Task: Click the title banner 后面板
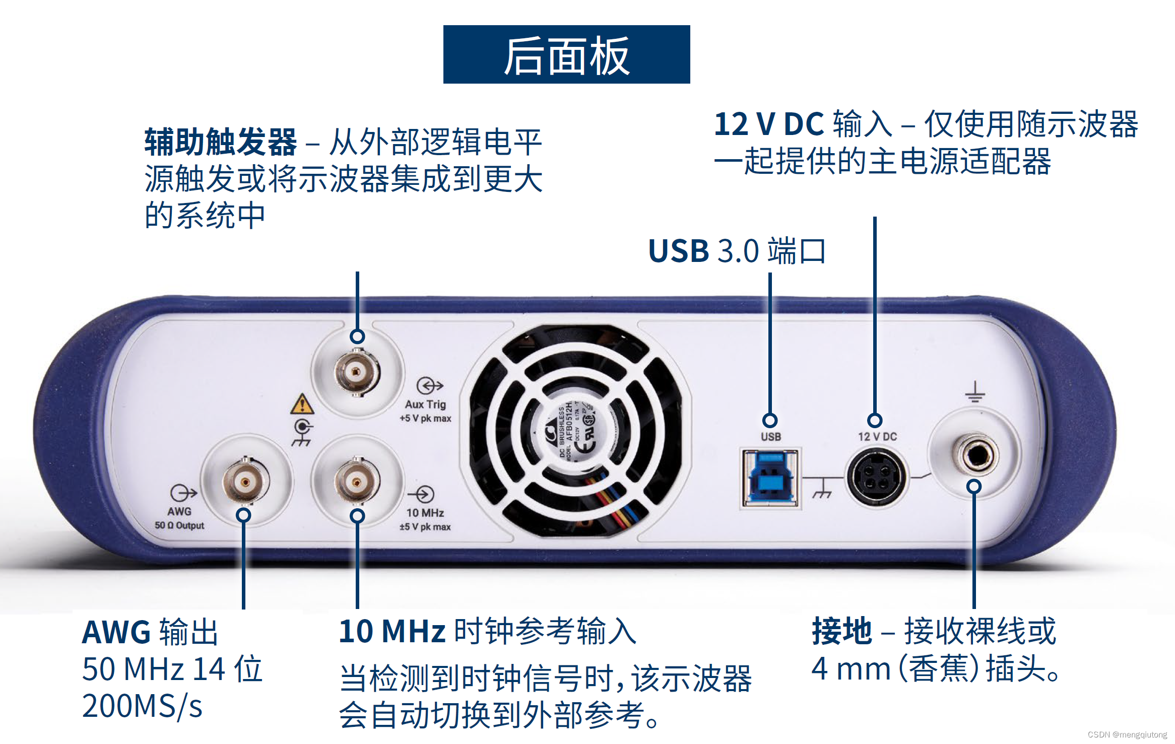[566, 54]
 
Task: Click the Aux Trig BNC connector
[357, 373]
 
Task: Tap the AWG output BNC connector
[245, 482]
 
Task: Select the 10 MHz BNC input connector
[357, 482]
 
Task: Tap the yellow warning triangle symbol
[302, 404]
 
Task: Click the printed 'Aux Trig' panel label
[425, 404]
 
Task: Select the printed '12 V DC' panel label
[877, 437]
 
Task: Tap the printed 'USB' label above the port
[770, 437]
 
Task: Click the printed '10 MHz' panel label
[425, 513]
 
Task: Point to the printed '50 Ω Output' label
[179, 525]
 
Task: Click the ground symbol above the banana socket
[975, 392]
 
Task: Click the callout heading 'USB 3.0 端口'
[737, 251]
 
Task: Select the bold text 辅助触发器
[220, 142]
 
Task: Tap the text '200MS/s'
[142, 706]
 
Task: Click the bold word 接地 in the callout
[841, 631]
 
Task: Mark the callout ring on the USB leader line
[769, 420]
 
